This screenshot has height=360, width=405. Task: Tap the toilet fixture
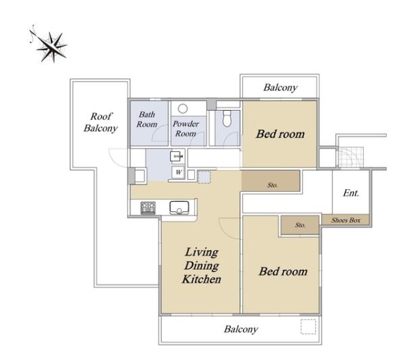tap(227, 118)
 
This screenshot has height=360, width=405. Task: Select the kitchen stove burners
tap(148, 208)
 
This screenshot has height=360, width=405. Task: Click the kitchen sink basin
tap(179, 207)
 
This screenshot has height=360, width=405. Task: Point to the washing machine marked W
tap(178, 172)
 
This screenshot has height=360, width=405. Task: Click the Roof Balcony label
tap(101, 122)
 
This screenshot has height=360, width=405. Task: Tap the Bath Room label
tap(146, 119)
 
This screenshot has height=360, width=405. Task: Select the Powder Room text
tap(186, 128)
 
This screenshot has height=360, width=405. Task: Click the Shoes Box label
tap(346, 220)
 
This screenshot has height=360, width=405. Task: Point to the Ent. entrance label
tap(351, 192)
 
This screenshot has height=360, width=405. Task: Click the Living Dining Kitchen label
tap(201, 265)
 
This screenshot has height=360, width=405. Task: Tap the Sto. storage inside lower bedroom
tap(300, 225)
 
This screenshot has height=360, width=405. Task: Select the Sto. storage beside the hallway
tap(273, 185)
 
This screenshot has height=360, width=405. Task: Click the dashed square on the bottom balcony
tap(308, 327)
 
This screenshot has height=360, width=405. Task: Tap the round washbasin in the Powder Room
tap(183, 109)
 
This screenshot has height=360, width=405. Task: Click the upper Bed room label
tap(280, 134)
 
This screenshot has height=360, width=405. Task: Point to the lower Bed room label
tap(283, 272)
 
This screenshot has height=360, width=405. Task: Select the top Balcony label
tap(280, 87)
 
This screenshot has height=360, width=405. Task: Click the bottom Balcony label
tap(241, 329)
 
